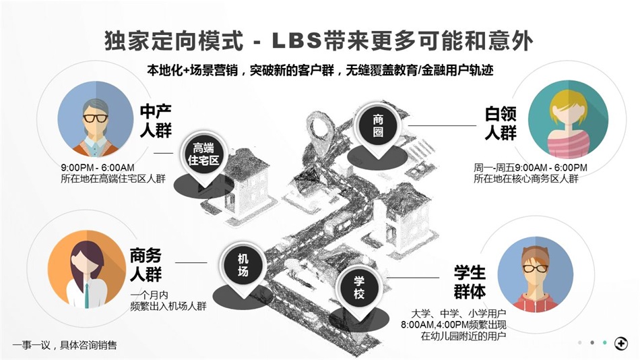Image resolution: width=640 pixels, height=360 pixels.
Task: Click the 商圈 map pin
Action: tap(377, 127)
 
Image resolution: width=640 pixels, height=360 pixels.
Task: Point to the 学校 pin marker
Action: tap(359, 288)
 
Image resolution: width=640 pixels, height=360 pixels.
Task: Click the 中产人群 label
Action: tap(156, 121)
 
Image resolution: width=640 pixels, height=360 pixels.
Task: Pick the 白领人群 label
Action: tap(501, 123)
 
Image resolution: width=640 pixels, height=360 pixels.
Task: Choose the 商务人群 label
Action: tap(146, 264)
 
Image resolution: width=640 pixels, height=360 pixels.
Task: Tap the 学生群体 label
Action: tap(470, 282)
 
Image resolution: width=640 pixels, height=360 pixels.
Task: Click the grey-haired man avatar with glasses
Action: tap(96, 119)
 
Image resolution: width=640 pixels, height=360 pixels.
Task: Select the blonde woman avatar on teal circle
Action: tap(568, 119)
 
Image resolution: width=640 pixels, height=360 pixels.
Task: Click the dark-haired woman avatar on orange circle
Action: tap(87, 269)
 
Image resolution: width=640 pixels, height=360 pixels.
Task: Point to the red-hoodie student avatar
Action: tap(535, 274)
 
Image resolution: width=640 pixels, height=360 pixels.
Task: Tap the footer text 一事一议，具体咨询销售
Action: tap(65, 345)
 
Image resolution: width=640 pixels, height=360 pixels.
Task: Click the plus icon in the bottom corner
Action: tap(621, 343)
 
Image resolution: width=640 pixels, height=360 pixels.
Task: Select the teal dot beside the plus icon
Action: tap(604, 343)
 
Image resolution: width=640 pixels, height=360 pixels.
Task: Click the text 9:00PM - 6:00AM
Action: tap(98, 168)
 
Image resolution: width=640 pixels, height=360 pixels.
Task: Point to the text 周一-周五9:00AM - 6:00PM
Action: tap(530, 168)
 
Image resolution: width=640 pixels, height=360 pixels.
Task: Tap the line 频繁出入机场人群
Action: tap(168, 306)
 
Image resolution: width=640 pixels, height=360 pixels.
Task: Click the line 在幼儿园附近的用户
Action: tap(463, 336)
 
